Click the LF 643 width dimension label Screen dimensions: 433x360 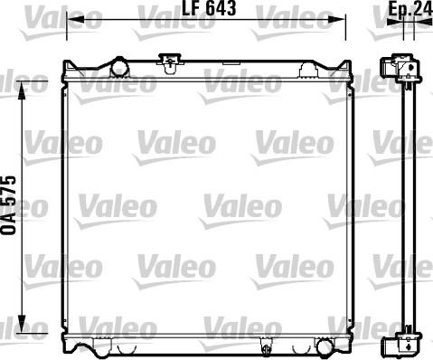click(209, 8)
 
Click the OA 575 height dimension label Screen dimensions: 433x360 click(8, 205)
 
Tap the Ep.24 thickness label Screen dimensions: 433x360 click(410, 9)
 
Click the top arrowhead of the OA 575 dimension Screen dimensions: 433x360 click(22, 90)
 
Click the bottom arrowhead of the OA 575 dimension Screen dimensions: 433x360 click(22, 325)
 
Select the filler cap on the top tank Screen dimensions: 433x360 click(170, 62)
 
